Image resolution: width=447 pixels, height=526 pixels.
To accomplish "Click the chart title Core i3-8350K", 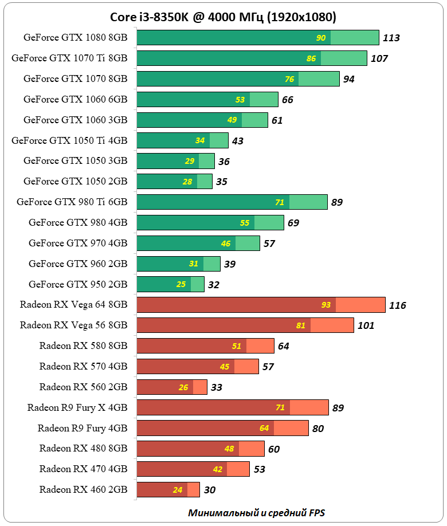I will click(x=223, y=17).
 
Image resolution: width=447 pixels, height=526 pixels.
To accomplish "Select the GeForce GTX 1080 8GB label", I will click(x=75, y=37).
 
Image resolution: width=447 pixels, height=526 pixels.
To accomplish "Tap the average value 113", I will click(x=391, y=38).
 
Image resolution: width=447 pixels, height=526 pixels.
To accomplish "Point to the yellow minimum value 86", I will click(x=311, y=58).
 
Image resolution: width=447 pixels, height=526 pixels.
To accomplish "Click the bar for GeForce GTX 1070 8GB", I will click(x=238, y=78).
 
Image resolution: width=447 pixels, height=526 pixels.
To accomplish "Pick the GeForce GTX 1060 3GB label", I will click(x=75, y=120).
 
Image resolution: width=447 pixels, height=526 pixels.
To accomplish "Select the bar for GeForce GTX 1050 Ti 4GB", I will click(x=182, y=140).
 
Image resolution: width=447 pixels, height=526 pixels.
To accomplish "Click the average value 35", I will click(x=222, y=182).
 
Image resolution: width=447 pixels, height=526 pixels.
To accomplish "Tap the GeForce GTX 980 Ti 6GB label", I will click(x=72, y=202).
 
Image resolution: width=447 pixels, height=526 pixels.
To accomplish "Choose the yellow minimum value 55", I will click(x=245, y=223).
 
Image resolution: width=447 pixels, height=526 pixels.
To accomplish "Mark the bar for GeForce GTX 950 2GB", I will click(x=170, y=284).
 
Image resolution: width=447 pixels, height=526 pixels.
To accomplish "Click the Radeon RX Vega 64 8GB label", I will click(x=73, y=304).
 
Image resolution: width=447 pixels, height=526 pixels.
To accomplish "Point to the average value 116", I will click(x=397, y=305).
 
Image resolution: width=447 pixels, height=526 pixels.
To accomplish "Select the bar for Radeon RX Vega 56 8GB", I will click(x=245, y=325).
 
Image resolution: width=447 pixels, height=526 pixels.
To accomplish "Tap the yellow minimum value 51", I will click(x=237, y=346).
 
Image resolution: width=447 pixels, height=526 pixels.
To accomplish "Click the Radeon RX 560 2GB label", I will click(x=83, y=387).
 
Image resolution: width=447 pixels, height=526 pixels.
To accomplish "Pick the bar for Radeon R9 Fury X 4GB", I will click(x=233, y=407).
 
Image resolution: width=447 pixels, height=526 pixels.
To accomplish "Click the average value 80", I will click(x=318, y=429).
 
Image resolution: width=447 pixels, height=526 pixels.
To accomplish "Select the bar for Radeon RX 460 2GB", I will click(x=168, y=490).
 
